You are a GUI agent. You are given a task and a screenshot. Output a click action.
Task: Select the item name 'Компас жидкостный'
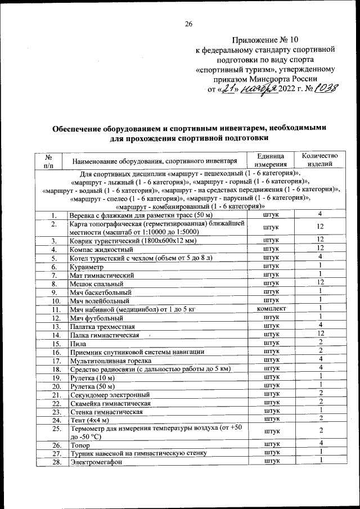(x=101, y=249)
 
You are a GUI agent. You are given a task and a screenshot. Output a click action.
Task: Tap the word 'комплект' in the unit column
(x=272, y=309)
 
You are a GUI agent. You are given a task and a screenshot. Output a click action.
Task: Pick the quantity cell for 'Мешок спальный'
(x=319, y=283)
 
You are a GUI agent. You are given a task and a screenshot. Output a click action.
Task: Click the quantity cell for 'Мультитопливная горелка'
(x=319, y=360)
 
